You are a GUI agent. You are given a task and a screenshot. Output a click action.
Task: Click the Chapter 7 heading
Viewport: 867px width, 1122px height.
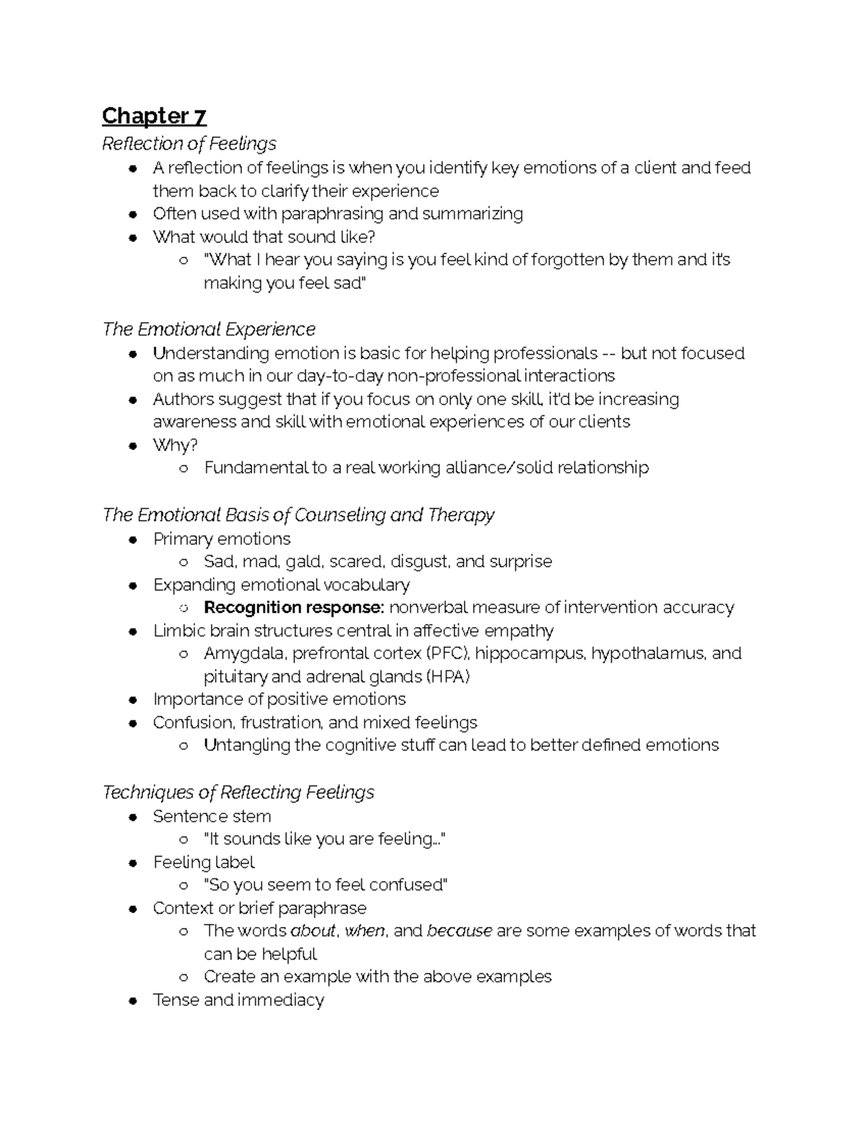(154, 116)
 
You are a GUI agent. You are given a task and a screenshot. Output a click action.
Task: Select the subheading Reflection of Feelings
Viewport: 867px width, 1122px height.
(189, 144)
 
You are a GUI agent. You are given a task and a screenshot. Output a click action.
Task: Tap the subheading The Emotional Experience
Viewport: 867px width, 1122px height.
(209, 329)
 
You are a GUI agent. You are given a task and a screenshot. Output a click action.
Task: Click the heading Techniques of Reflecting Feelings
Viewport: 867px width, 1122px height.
(238, 793)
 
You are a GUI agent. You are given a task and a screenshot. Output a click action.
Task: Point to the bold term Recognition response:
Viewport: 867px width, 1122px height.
(294, 608)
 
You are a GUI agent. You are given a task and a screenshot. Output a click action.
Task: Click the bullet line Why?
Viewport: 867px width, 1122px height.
(175, 445)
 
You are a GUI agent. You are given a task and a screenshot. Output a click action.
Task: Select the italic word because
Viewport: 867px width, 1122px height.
(460, 931)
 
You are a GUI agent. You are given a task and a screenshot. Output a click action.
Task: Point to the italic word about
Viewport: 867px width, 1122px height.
(313, 931)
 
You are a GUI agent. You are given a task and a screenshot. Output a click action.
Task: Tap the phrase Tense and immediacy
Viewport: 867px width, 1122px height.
(238, 1000)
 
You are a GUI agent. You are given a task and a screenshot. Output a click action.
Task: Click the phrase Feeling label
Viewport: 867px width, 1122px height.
(204, 862)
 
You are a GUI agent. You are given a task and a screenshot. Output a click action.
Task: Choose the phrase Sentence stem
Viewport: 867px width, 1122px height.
(212, 816)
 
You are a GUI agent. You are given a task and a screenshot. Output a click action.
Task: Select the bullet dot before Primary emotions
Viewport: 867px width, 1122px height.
(132, 540)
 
